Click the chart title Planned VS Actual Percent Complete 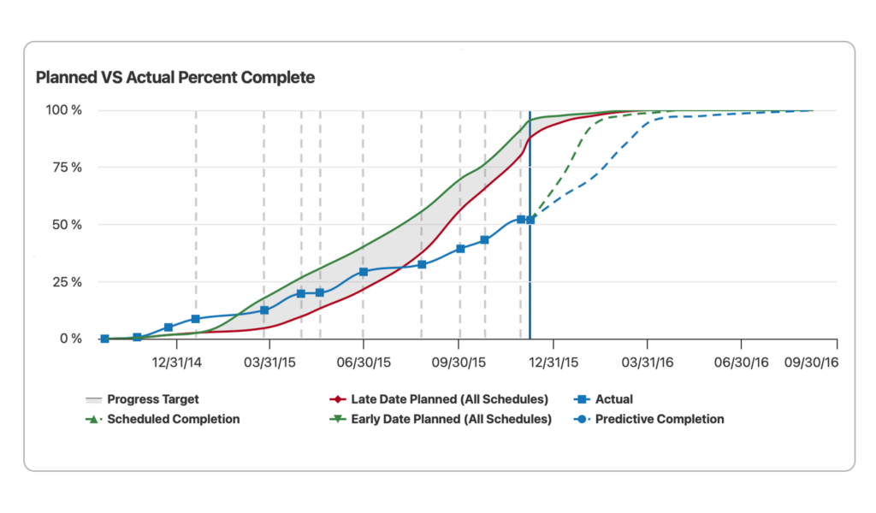click(175, 78)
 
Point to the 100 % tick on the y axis click(64, 110)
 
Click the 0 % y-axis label click(70, 339)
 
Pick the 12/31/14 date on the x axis click(177, 363)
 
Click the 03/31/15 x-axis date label click(270, 363)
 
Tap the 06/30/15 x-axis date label click(364, 363)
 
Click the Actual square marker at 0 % click(104, 339)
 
